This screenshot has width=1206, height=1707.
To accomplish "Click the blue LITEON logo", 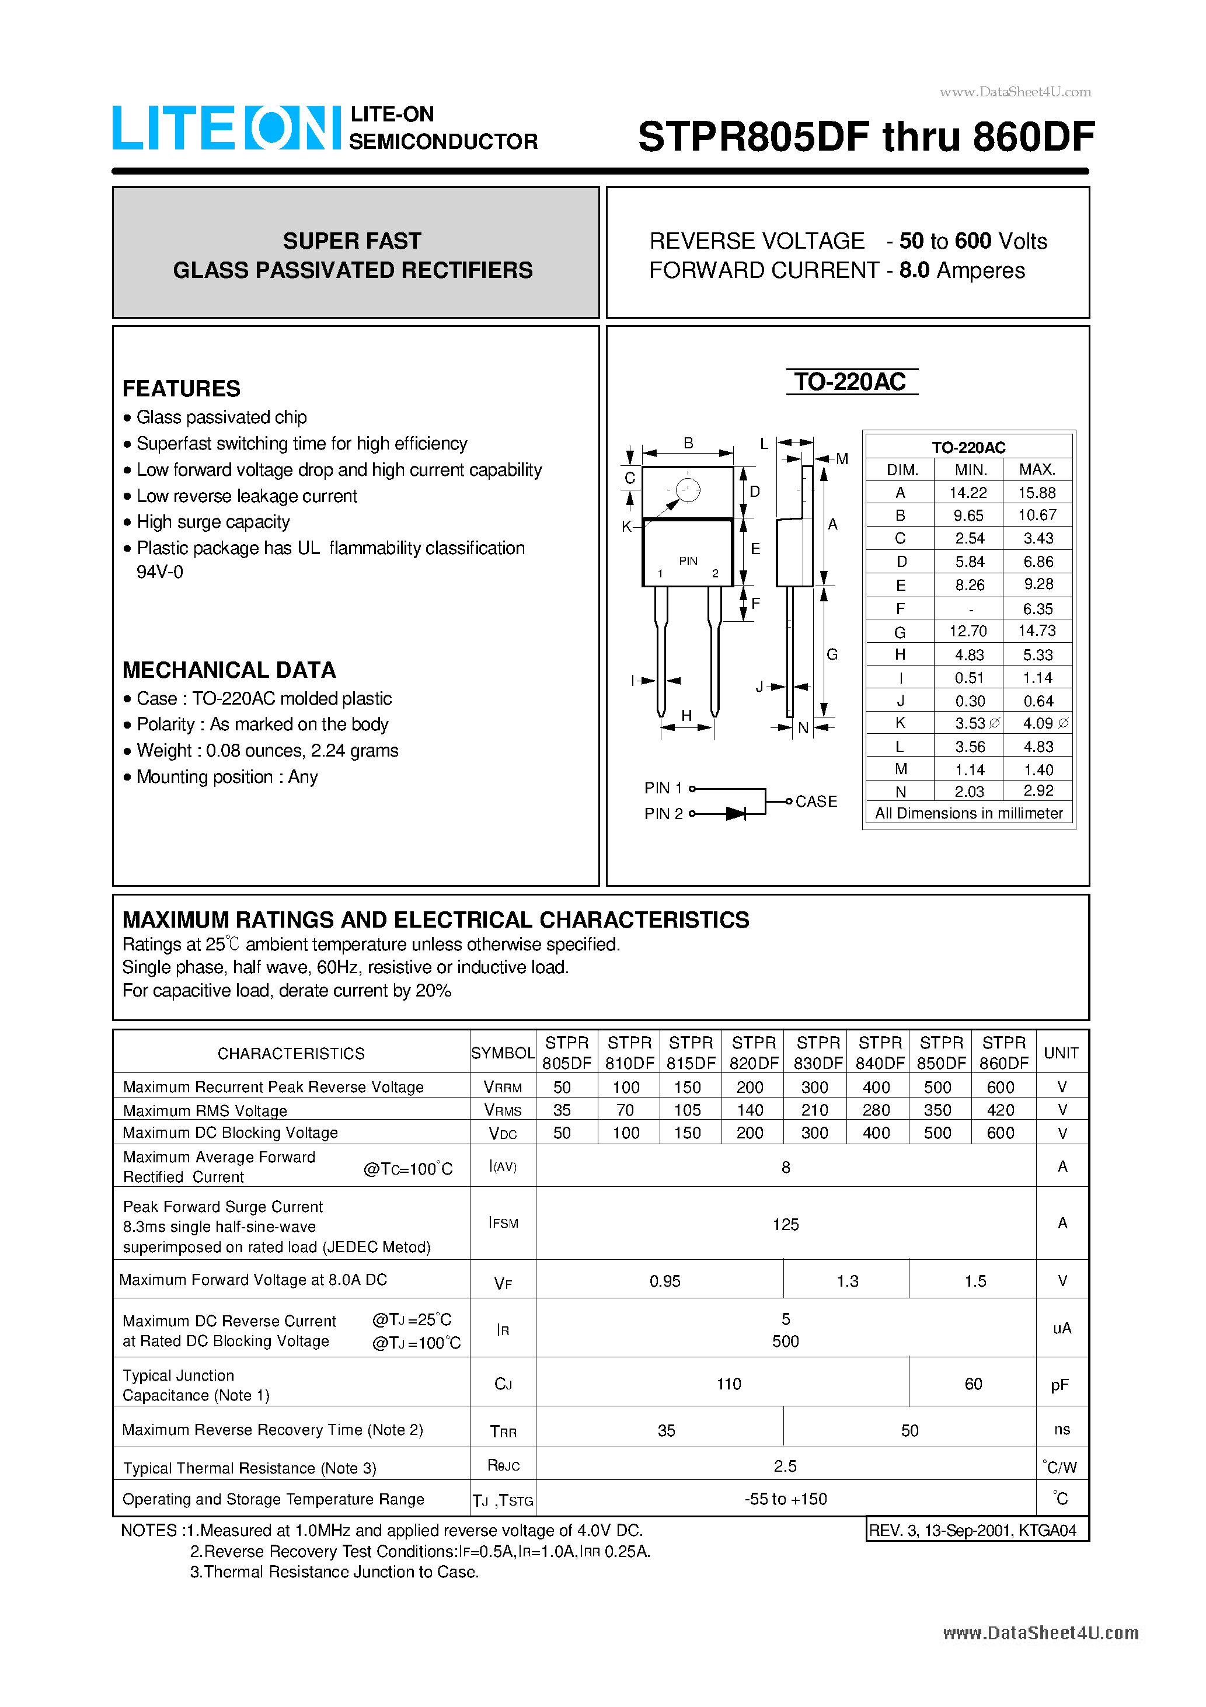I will pos(225,128).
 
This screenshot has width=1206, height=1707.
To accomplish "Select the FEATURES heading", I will pos(182,388).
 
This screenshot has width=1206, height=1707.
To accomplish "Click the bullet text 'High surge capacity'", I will pos(212,522).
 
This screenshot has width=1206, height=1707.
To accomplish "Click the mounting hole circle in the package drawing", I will pos(688,490).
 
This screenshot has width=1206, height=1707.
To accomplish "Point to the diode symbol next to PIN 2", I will pos(736,813).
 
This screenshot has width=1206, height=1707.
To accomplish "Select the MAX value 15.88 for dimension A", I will pos(1037,492).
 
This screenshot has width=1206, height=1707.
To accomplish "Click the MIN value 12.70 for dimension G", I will pos(968,631).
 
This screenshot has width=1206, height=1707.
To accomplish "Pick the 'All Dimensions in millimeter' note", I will pos(968,813).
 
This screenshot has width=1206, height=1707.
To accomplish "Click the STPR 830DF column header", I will pos(818,1052).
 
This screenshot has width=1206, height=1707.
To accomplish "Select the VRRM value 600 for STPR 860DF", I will pos(1000,1087).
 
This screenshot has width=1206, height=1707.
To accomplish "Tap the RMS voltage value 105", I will pos(687,1110).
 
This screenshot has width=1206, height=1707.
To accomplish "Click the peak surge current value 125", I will pos(785,1224).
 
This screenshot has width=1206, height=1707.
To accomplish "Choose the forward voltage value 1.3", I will pos(847,1281).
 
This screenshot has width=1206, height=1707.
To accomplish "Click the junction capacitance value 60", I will pos(973,1384).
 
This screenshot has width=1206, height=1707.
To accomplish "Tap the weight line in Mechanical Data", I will pos(267,751).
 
